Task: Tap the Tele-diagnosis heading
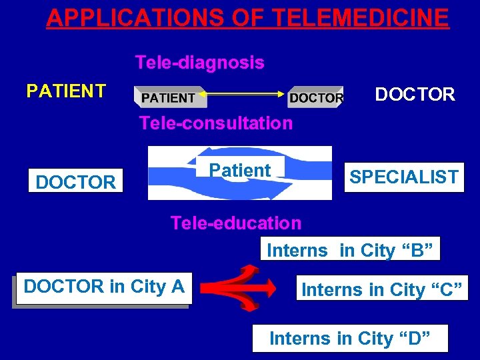pos(199,63)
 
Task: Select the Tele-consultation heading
pos(215,123)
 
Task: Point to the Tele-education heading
pos(235,223)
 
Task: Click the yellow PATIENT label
pos(66,91)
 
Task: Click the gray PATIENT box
pos(169,98)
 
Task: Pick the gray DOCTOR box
pos(317,98)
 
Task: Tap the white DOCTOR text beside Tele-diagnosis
pos(415,95)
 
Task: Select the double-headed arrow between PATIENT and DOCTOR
pos(247,95)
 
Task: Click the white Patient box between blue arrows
pos(240,171)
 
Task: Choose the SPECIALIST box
pos(404,177)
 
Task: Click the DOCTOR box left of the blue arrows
pos(75,181)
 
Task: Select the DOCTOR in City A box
pos(103,287)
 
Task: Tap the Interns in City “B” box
pos(350,251)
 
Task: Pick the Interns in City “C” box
pos(382,290)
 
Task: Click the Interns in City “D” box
pos(350,339)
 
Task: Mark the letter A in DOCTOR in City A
pos(177,287)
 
